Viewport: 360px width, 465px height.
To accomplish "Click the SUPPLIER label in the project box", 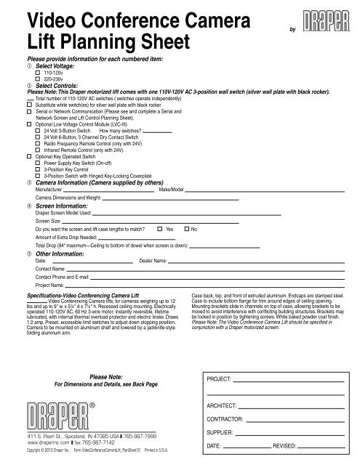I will pyautogui.click(x=219, y=429).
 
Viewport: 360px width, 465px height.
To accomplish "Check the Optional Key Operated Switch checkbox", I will pyautogui.click(x=28, y=158).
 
